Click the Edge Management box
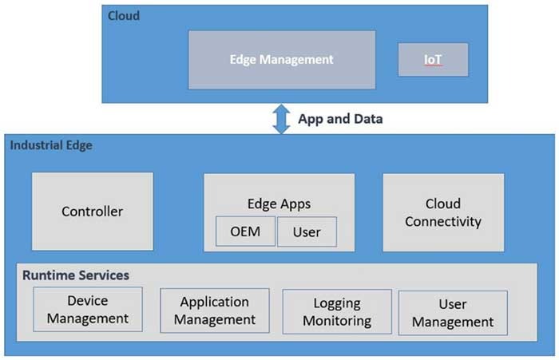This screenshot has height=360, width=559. [281, 60]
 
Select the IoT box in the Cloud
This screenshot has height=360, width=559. [432, 60]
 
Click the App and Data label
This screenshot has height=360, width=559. [340, 119]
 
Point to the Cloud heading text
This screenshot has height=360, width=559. [123, 15]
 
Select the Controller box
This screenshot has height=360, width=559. [93, 212]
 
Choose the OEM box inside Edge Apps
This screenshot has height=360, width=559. [245, 232]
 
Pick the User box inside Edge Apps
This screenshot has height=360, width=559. [307, 232]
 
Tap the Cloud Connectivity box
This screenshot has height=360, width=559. [443, 212]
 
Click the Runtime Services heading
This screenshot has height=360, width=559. [75, 275]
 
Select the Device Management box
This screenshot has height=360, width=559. [87, 310]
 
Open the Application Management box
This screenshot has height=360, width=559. [215, 311]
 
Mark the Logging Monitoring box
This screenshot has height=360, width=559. [337, 312]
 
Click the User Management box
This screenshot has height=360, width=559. [453, 313]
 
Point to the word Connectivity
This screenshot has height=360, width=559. [443, 221]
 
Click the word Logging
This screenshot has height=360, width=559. [337, 303]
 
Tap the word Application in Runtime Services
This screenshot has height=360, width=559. [215, 302]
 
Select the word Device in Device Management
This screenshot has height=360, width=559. [87, 301]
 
